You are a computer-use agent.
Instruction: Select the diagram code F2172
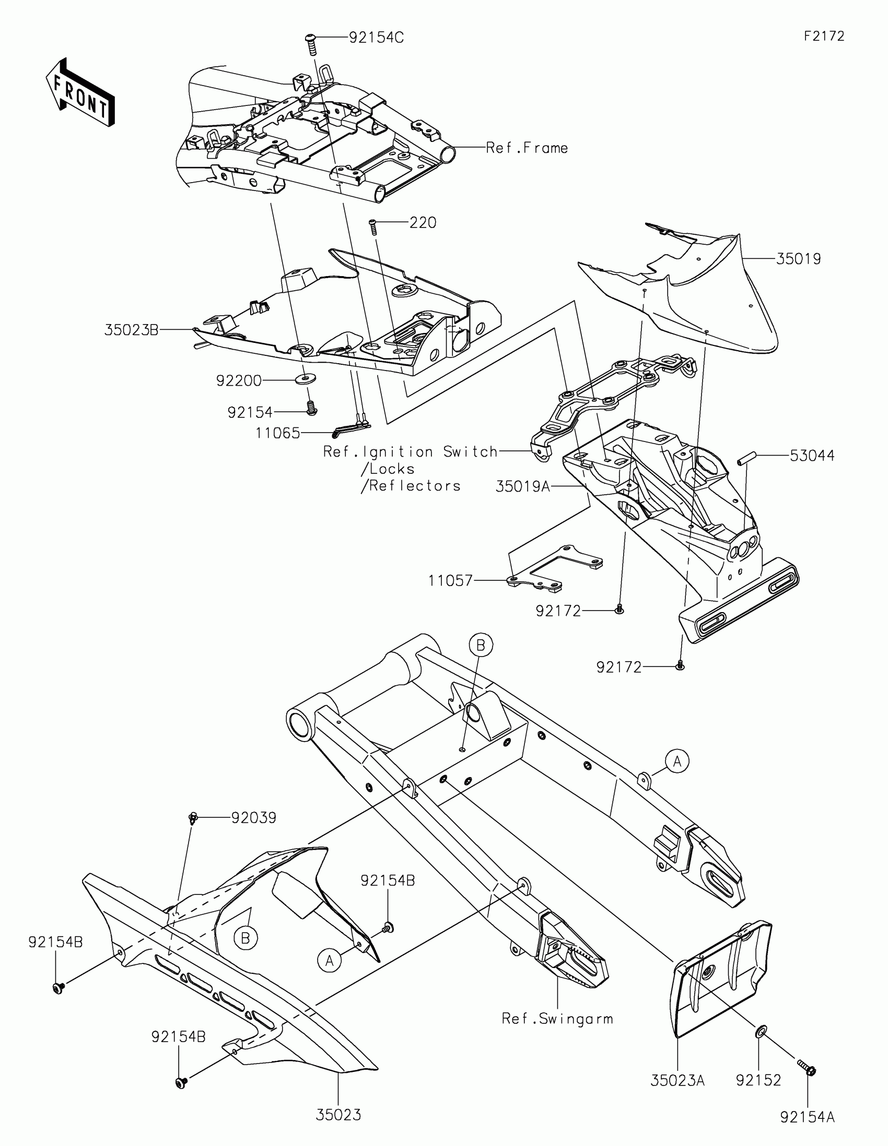pyautogui.click(x=824, y=36)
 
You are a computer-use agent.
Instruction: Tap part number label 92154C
pyautogui.click(x=376, y=38)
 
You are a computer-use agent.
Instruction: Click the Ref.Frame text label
pyautogui.click(x=527, y=148)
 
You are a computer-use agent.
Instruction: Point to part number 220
pyautogui.click(x=423, y=222)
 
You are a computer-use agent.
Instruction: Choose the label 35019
pyautogui.click(x=798, y=259)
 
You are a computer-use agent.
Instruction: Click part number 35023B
pyautogui.click(x=131, y=330)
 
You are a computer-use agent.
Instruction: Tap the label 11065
pyautogui.click(x=277, y=433)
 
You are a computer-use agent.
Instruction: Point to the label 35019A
pyautogui.click(x=522, y=486)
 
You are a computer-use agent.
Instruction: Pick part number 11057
pyautogui.click(x=451, y=580)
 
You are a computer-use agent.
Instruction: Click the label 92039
pyautogui.click(x=254, y=818)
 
